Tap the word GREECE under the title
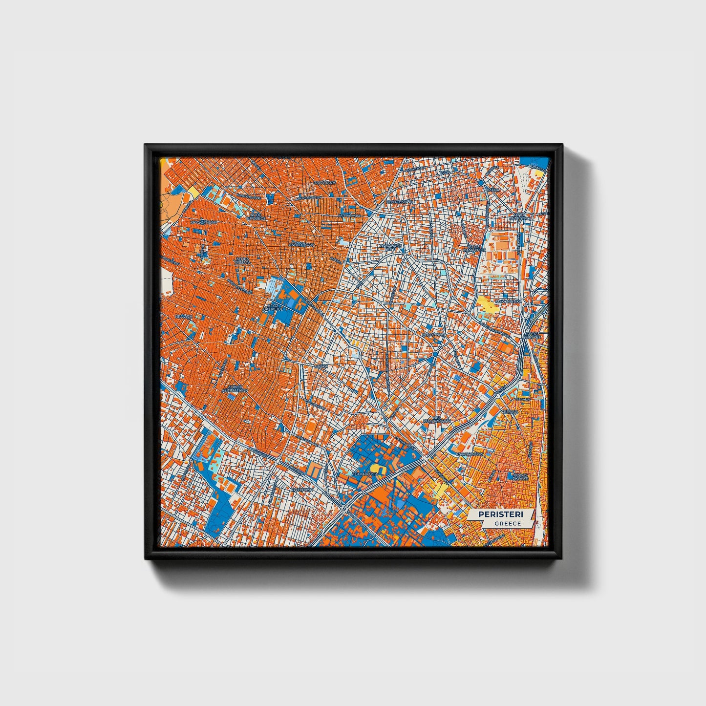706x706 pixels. click(x=507, y=523)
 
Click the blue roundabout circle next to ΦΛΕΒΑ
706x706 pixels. click(x=481, y=183)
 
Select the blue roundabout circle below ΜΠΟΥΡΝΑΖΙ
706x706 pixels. click(x=435, y=354)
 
